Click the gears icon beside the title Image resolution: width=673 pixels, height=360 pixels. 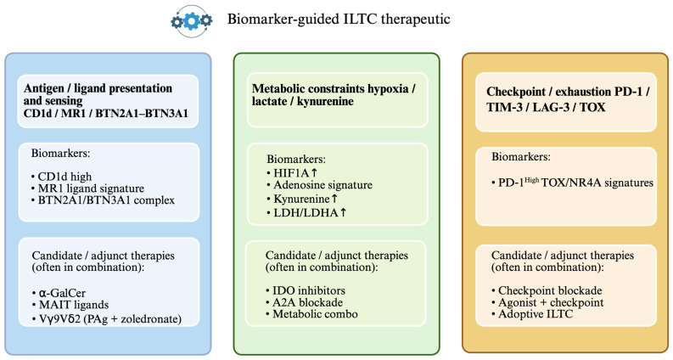[x=192, y=20]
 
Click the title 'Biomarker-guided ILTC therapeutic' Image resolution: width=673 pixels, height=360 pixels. [x=339, y=20]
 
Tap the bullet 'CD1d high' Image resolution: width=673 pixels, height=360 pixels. [x=61, y=177]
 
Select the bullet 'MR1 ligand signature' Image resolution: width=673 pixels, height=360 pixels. [x=87, y=188]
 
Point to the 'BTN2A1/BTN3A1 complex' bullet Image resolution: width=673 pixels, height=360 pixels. [x=103, y=200]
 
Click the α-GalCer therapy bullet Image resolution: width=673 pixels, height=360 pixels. [x=59, y=293]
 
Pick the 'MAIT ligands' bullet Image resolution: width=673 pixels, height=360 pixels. [x=70, y=305]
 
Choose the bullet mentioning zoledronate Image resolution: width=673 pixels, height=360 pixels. [x=107, y=318]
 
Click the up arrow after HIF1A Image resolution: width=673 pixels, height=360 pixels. [x=314, y=172]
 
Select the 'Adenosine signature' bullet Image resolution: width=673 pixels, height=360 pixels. [x=319, y=185]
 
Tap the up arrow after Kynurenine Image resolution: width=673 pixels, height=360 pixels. [x=334, y=199]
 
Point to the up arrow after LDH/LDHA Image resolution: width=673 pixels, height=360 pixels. [x=343, y=212]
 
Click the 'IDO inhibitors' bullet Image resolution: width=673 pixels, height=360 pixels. [x=306, y=290]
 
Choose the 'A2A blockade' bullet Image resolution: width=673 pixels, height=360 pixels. [x=304, y=302]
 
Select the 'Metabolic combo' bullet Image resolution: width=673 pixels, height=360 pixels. [x=311, y=314]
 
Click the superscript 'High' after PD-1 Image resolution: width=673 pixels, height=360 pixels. [x=532, y=180]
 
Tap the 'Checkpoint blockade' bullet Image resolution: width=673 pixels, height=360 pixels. [x=547, y=290]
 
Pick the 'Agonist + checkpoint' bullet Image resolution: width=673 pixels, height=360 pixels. [x=547, y=302]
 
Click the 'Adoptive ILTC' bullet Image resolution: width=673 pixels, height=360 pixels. [x=532, y=314]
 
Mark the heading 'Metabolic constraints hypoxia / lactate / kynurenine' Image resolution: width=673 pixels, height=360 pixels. [x=334, y=95]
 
